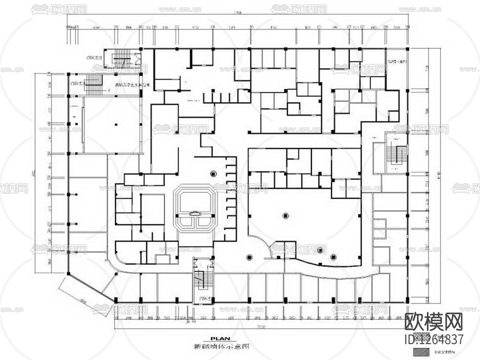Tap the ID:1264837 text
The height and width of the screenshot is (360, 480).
pos(434,339)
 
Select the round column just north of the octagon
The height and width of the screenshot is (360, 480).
pos(213,173)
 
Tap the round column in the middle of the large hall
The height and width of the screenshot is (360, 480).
pos(286,215)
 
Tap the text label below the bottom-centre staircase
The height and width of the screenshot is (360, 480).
pos(203,299)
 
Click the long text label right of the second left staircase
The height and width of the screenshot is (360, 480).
pos(132,85)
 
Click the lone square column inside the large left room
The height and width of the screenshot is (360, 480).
pos(115,124)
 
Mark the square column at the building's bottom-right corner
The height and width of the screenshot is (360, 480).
pos(407,300)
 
